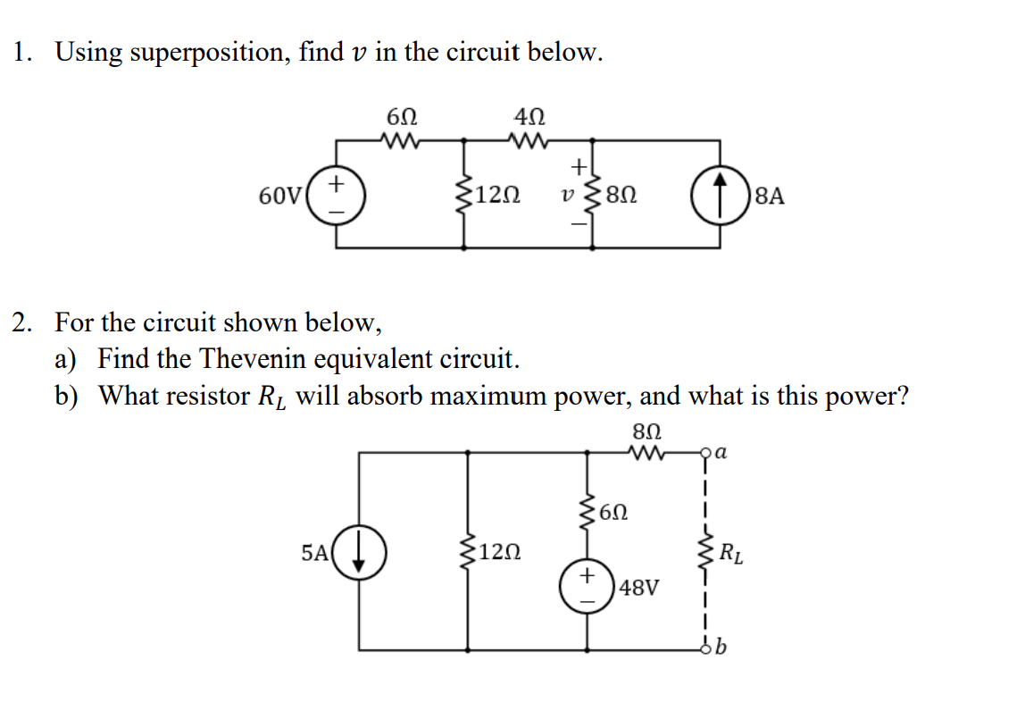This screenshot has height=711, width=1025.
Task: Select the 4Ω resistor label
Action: pyautogui.click(x=530, y=116)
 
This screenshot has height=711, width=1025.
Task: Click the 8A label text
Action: pyautogui.click(x=770, y=195)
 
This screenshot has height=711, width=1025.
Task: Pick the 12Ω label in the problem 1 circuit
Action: pyautogui.click(x=500, y=195)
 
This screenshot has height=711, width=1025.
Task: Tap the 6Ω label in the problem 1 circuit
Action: pyautogui.click(x=401, y=116)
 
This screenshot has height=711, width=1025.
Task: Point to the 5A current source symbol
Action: pyautogui.click(x=360, y=552)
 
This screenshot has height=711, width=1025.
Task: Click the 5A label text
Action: pyautogui.click(x=316, y=552)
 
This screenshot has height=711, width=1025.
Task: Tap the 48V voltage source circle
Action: pyautogui.click(x=587, y=589)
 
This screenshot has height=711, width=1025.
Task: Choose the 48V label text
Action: pyautogui.click(x=641, y=589)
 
